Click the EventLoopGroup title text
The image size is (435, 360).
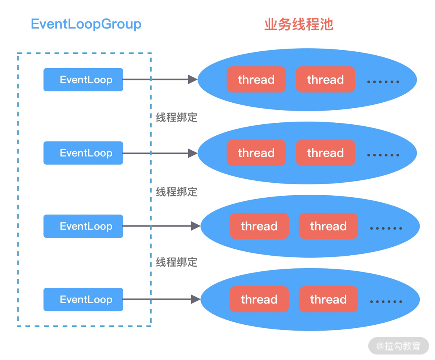pos(86,24)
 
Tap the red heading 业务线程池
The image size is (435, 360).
pos(298,24)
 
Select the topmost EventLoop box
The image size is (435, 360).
pos(83,80)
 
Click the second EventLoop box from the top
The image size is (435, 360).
pos(83,153)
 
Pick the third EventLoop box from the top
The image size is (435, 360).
pos(83,226)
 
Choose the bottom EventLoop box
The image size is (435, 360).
pos(83,300)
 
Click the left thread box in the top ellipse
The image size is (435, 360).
pos(256,80)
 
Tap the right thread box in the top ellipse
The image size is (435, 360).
pos(325,80)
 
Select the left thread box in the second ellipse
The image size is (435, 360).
pos(256,153)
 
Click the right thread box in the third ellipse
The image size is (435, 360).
pos(328,226)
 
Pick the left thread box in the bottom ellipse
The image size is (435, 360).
pos(259,300)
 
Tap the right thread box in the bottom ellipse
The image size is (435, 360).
pos(328,300)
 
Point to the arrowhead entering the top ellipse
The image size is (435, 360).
pos(193,80)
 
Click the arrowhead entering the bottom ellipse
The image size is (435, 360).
pos(195,300)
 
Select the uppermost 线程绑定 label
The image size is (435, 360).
pos(177,117)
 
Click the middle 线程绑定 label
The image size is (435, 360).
pos(177,192)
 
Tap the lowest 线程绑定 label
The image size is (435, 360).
pos(177,262)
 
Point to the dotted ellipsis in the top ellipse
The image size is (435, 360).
pos(383,82)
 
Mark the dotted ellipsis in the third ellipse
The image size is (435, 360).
pos(386,229)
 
